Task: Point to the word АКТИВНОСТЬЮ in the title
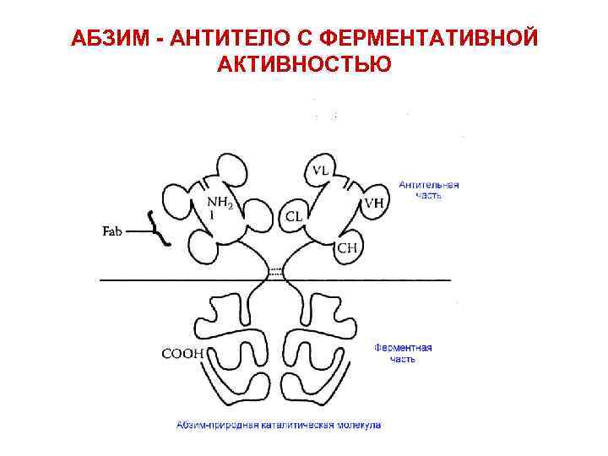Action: (x=304, y=64)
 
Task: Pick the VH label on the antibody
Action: (x=373, y=204)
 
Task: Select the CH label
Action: (x=347, y=247)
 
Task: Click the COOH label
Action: (x=183, y=354)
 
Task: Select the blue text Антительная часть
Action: (x=429, y=190)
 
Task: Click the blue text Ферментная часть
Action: (x=403, y=353)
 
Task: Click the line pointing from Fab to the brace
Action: (x=138, y=231)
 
